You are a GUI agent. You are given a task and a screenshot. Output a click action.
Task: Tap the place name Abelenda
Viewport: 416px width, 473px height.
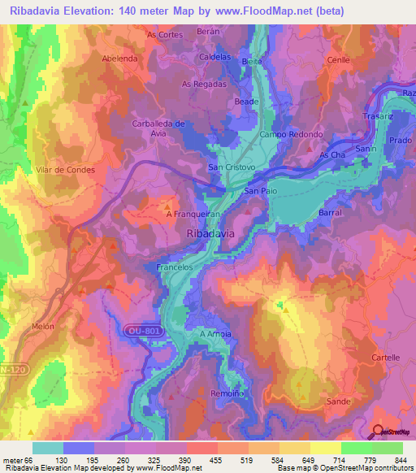point(119,59)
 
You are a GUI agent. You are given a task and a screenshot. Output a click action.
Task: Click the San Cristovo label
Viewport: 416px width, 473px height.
point(232,167)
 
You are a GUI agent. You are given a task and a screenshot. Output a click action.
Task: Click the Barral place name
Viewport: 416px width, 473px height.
point(331,211)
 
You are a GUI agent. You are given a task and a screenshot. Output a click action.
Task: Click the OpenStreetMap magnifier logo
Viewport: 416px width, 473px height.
point(378,432)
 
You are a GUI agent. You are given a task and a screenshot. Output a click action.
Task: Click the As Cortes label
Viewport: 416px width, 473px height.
point(164,35)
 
